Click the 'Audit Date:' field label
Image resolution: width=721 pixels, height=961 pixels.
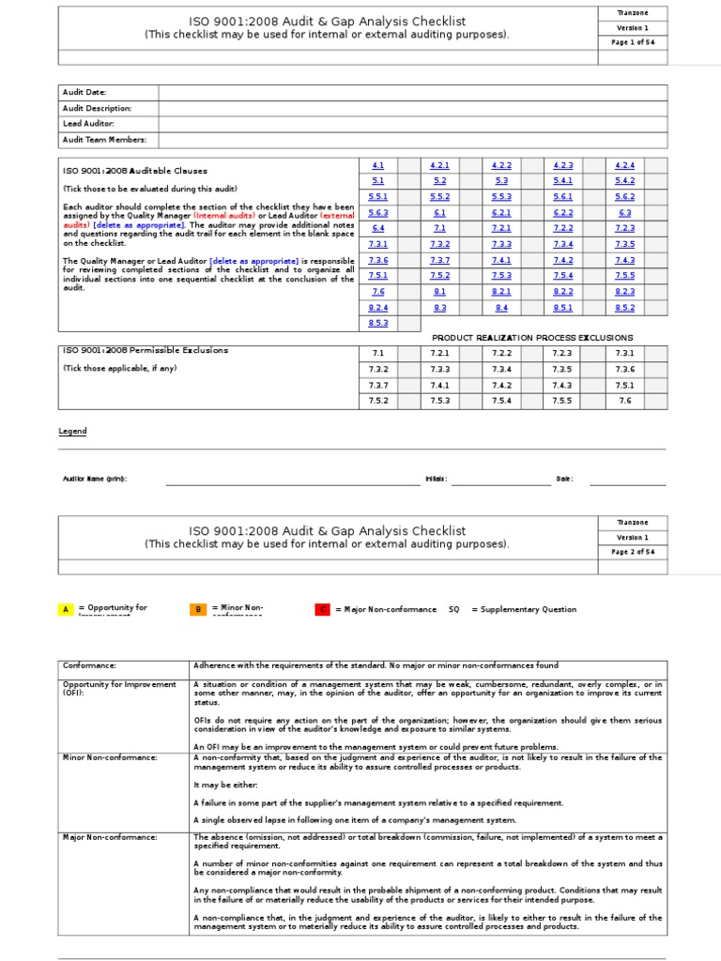point(84,92)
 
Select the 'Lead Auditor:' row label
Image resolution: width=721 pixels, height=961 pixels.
point(88,124)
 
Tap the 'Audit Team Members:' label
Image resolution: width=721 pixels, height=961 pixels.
point(103,140)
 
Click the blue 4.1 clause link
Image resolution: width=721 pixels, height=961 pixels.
point(378,165)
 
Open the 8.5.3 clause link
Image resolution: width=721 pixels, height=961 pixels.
point(378,323)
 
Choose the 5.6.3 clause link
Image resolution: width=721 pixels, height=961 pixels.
point(378,212)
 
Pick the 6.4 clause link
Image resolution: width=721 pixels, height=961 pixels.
point(378,228)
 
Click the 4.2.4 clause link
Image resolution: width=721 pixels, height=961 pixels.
point(625,165)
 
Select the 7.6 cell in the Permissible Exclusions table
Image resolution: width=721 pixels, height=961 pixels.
point(625,401)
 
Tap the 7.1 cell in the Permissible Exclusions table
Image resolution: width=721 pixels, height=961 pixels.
point(378,353)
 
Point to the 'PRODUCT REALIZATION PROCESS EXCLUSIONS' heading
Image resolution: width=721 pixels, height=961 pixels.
point(531,338)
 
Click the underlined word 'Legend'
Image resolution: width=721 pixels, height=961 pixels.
point(72,432)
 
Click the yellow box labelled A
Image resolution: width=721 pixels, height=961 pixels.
point(66,609)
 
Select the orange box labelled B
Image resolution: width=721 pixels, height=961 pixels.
point(199,609)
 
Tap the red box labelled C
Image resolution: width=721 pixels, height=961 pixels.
point(322,609)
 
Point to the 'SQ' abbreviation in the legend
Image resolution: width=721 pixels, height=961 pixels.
point(454,609)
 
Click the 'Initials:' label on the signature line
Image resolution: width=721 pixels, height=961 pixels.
point(437,479)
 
